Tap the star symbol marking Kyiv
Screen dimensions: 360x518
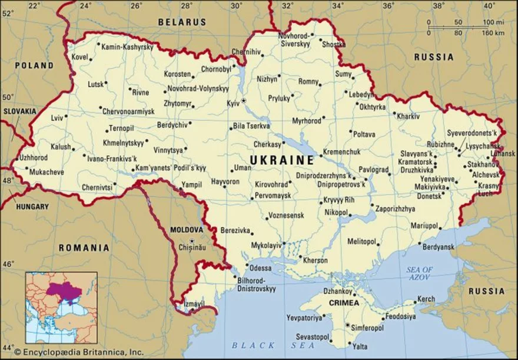coord(243,101)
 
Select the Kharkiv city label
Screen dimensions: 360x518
coord(409,116)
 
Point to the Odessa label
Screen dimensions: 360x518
coord(261,268)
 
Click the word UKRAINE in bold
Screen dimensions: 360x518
coord(282,160)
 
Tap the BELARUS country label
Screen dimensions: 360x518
coord(182,22)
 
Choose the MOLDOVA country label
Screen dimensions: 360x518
coord(186,229)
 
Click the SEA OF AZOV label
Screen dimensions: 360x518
coord(419,273)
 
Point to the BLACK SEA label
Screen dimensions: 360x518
coord(261,345)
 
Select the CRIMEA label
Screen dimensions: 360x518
coord(344,303)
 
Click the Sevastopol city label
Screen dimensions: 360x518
coord(314,336)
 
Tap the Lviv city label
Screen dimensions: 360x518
coord(57,118)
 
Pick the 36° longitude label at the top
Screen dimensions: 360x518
coord(388,6)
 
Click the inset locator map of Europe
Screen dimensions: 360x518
coord(61,306)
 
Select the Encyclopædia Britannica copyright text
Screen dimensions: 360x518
coord(78,352)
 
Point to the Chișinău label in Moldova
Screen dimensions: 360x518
coord(193,248)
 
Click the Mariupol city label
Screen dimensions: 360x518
coord(424,226)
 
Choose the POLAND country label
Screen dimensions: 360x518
coord(34,66)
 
